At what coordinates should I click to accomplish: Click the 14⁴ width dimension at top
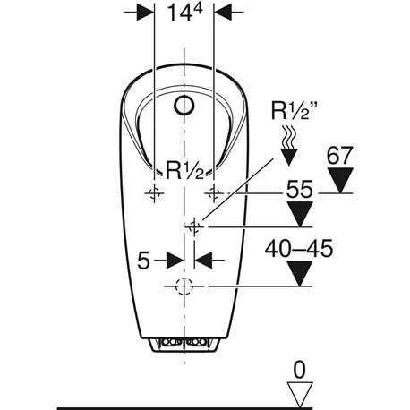pyautogui.click(x=184, y=13)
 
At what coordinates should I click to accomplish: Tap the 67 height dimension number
pyautogui.click(x=339, y=156)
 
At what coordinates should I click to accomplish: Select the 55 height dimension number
pyautogui.click(x=299, y=189)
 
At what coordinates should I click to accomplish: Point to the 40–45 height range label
pyautogui.click(x=299, y=248)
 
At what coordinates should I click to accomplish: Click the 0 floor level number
pyautogui.click(x=299, y=370)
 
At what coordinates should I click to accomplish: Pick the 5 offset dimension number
pyautogui.click(x=143, y=260)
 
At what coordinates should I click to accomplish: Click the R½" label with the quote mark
pyautogui.click(x=294, y=111)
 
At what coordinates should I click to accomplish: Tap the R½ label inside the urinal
pyautogui.click(x=184, y=170)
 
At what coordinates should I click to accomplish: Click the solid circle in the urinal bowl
pyautogui.click(x=184, y=106)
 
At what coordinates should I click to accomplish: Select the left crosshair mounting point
pyautogui.click(x=154, y=193)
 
